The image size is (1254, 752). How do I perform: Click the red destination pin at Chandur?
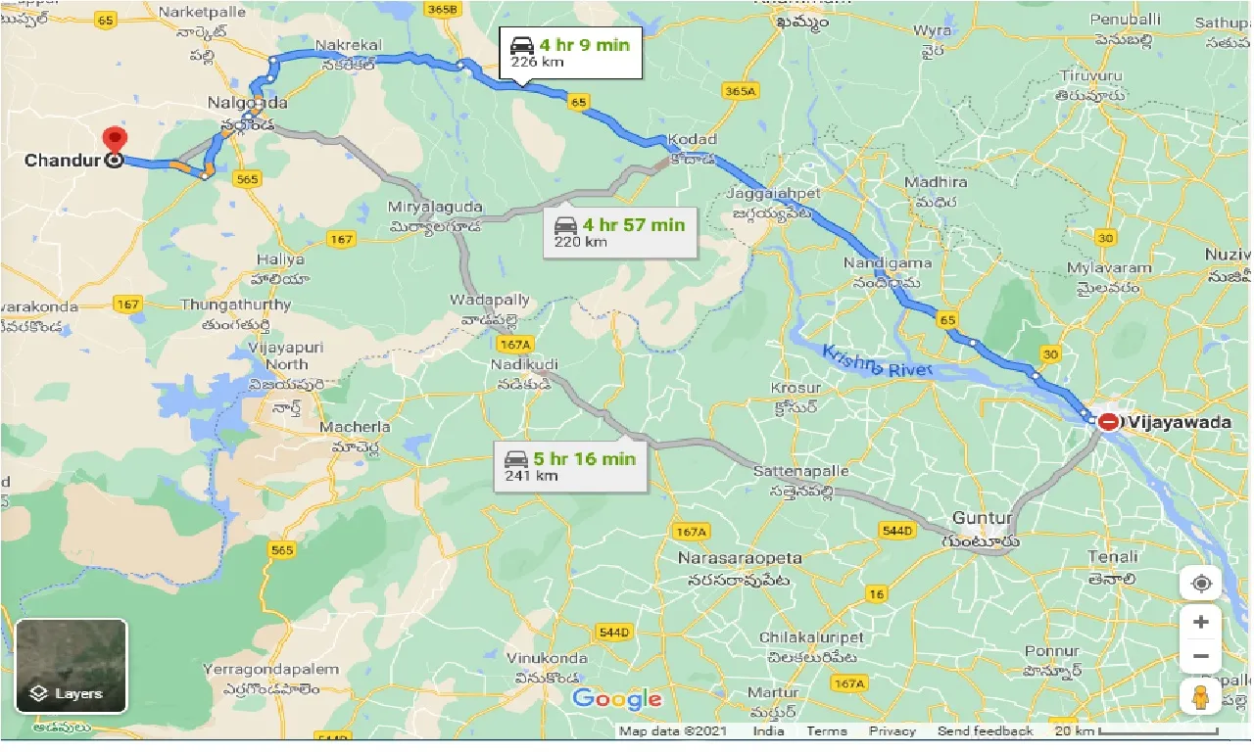point(115,141)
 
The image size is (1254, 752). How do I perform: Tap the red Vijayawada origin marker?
point(1108,422)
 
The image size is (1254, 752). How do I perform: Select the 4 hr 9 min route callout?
point(570,54)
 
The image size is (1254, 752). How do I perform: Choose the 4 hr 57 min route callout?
point(619,232)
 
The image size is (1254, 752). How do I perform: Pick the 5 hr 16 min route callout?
point(570,466)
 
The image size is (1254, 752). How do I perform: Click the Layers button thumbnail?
point(71,666)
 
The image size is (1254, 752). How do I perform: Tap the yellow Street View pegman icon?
point(1200,697)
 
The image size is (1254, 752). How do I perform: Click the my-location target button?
point(1201,585)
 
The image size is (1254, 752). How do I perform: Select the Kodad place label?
point(692,140)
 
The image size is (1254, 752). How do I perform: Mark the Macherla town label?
point(356,427)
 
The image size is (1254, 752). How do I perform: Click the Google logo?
point(617,699)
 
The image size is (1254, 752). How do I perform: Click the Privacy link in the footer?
point(892,731)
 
